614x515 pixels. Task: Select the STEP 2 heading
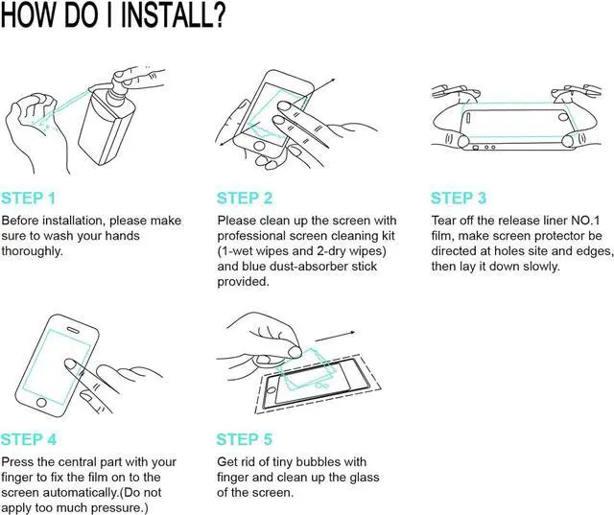click(245, 199)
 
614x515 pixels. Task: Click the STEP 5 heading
click(245, 440)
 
